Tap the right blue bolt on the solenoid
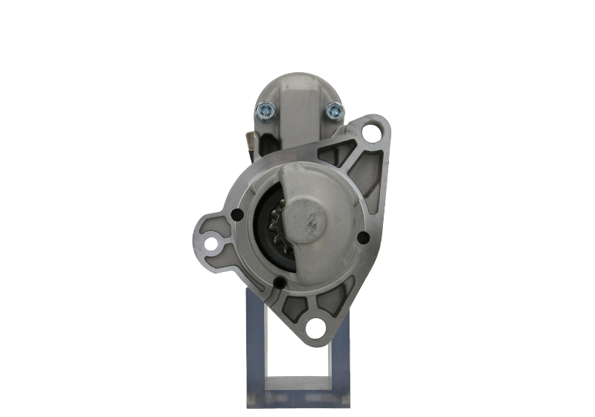coord(333,112)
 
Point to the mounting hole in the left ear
coord(212,243)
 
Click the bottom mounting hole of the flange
coord(316,327)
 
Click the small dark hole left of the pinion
coord(237,216)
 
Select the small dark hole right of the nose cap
coord(363,238)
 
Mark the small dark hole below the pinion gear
coord(278,282)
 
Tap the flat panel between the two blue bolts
coord(298,115)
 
